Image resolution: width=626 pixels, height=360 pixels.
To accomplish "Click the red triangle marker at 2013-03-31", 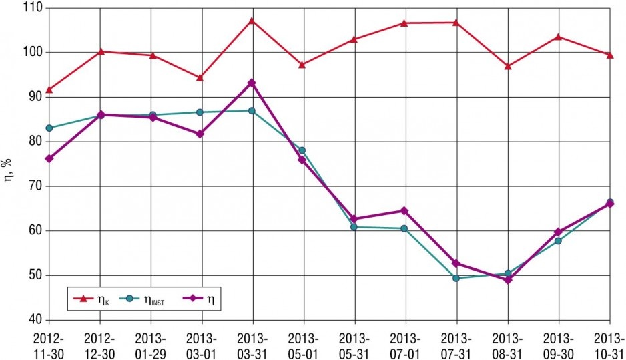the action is pos(252,21).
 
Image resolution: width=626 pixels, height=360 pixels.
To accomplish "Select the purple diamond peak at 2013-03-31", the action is pos(252,83).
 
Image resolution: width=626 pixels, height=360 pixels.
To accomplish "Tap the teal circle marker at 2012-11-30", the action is pos(49,128).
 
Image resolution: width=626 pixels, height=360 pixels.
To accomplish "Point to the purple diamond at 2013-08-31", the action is pos(508,280).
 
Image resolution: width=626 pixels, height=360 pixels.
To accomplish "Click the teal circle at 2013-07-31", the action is pos(456,278).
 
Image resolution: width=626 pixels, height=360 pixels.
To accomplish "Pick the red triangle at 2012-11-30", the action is pos(49,90).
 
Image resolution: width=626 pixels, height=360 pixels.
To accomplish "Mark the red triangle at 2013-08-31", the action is pos(508,66).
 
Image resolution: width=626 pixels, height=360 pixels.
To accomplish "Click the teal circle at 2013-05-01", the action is pos(302,151).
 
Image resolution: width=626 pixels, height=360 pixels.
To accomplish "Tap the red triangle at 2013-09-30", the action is pos(559,37).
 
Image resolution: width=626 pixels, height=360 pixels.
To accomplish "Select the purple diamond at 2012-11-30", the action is pos(49,158).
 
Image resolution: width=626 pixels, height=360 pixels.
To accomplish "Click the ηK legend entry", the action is pos(91,299).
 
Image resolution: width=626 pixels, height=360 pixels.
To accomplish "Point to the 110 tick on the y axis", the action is pos(34,8).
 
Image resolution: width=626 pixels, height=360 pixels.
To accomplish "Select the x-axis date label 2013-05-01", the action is pos(303,346).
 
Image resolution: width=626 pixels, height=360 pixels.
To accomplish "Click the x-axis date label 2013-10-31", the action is pos(609,346).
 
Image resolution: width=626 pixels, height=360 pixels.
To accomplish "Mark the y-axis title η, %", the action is pos(7,170).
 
